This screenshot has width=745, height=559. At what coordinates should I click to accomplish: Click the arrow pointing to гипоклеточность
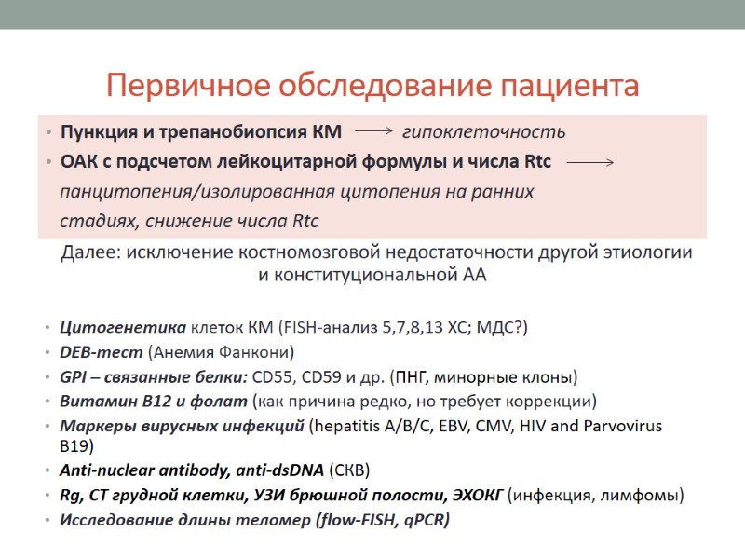tap(375, 131)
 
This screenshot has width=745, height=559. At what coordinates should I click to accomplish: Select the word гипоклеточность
tap(483, 132)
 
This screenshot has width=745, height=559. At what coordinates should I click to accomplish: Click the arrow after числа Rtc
tap(589, 162)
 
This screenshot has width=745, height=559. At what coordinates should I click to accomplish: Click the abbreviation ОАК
tap(79, 162)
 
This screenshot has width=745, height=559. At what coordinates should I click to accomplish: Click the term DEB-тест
tap(102, 353)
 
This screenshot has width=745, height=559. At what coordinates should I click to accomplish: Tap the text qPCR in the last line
tap(424, 520)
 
